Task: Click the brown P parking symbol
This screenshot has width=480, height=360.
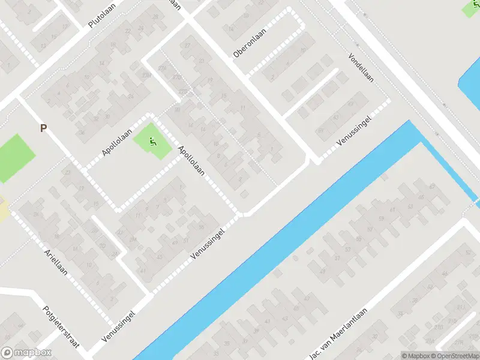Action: (x=43, y=128)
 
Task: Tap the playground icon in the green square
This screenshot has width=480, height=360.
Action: (x=152, y=142)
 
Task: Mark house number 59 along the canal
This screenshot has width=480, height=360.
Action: (x=364, y=219)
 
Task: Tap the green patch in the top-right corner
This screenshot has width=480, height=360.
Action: (x=472, y=8)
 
